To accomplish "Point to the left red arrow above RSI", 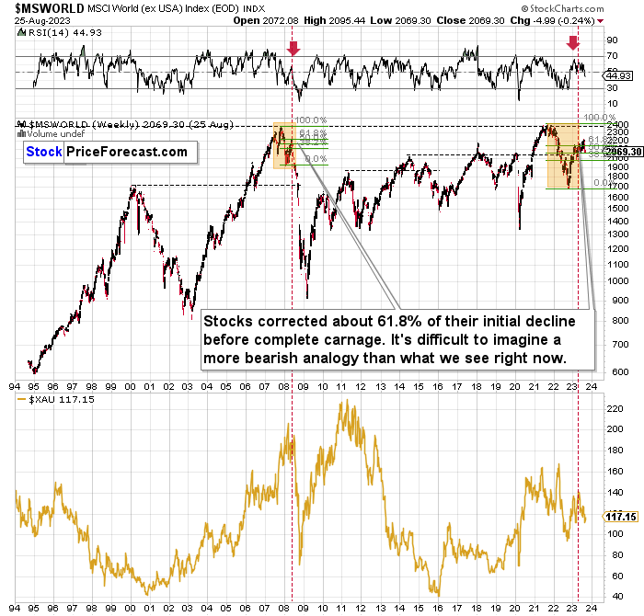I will point(293,49).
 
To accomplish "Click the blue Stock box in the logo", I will point(45,153).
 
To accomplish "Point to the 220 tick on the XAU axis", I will point(610,403).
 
